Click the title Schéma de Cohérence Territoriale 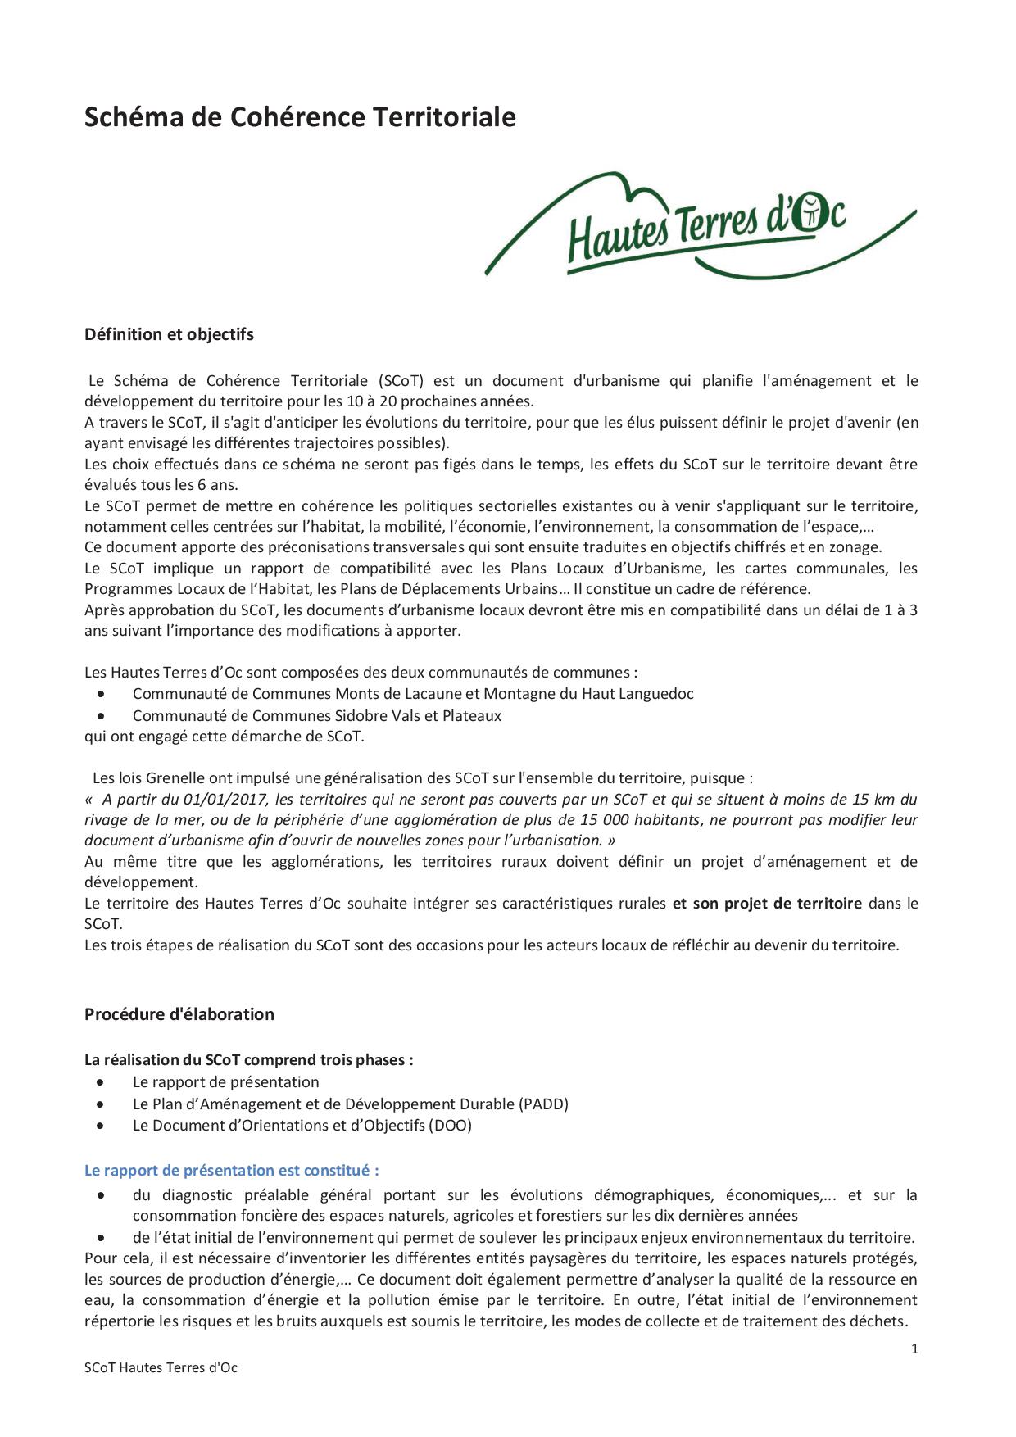click(300, 117)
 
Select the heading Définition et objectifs click(169, 334)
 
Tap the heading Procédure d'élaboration click(179, 1014)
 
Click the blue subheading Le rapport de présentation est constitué click(231, 1170)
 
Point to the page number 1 click(914, 1349)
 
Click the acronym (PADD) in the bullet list click(543, 1104)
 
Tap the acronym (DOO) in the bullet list click(450, 1125)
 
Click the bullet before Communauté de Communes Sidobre click(101, 715)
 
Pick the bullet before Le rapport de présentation click(101, 1082)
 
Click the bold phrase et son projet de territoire click(767, 903)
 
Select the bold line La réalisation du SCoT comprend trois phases click(248, 1059)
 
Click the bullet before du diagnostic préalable click(101, 1195)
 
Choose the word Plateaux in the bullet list click(472, 715)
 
